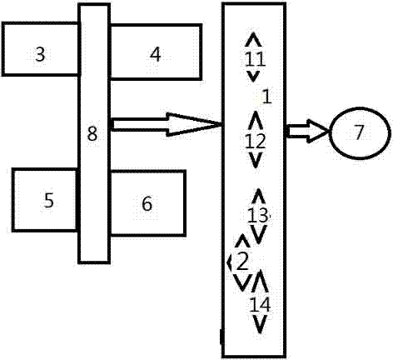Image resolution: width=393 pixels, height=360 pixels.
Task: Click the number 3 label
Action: (40, 54)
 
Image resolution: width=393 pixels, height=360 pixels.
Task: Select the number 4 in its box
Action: (155, 54)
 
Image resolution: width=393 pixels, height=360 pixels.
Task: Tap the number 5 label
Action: (49, 200)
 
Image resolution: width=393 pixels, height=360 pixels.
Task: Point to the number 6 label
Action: (147, 203)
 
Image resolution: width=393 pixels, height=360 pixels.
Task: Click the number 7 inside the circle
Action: (359, 132)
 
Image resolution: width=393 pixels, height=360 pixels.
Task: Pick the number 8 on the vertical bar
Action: (92, 133)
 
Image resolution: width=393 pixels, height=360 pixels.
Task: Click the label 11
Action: (256, 59)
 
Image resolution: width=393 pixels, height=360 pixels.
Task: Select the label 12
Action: (256, 141)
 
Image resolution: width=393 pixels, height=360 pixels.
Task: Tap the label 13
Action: (258, 215)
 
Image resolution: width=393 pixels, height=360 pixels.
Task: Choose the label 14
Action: (260, 305)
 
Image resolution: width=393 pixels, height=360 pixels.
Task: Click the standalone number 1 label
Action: (267, 97)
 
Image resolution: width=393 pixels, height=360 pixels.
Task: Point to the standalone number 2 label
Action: (242, 262)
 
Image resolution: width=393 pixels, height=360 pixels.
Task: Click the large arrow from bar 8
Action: (167, 124)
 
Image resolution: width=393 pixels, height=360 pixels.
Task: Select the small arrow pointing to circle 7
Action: (308, 131)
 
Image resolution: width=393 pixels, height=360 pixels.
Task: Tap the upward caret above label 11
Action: (253, 39)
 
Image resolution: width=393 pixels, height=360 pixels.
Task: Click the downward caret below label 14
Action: (260, 324)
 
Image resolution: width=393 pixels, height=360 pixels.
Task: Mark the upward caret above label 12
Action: (256, 120)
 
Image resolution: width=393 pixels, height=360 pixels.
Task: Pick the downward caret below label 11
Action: (253, 76)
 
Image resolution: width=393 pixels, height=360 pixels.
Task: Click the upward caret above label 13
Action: (259, 196)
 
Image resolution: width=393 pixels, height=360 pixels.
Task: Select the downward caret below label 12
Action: (256, 160)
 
